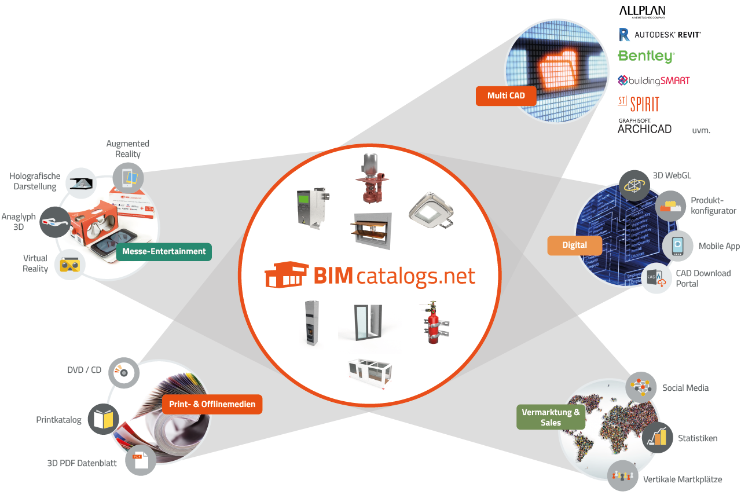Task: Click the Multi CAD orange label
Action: click(506, 96)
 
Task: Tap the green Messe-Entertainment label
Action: click(164, 252)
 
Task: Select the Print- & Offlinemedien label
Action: click(212, 404)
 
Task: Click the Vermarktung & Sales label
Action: click(551, 417)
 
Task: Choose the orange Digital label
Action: click(574, 245)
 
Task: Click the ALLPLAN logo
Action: click(643, 12)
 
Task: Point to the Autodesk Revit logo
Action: click(659, 35)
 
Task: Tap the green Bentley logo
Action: click(646, 56)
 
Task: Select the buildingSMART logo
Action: click(654, 80)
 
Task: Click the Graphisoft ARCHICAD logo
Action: click(644, 126)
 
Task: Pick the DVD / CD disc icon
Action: click(124, 373)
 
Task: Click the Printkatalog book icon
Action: click(104, 419)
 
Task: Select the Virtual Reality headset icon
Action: click(70, 265)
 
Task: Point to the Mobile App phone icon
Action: click(677, 246)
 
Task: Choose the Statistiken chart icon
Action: click(657, 438)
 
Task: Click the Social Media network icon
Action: click(641, 387)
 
